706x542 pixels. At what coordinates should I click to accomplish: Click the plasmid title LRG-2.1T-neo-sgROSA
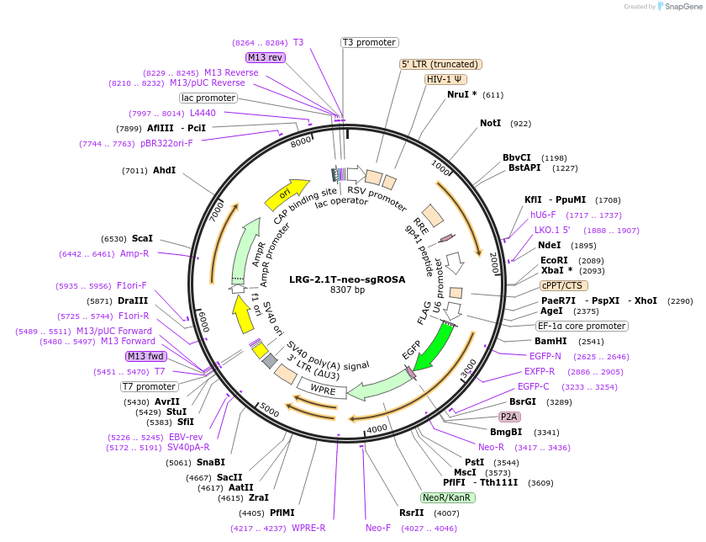[347, 279]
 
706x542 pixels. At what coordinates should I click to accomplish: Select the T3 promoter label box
[369, 42]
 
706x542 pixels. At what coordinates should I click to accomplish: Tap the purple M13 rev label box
[266, 57]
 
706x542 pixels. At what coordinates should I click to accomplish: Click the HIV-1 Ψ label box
[446, 79]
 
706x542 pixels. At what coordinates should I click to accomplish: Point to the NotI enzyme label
[490, 123]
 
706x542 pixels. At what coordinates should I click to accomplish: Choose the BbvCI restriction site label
[517, 157]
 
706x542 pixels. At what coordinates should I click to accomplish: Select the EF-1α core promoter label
[582, 326]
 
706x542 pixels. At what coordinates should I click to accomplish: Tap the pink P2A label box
[509, 417]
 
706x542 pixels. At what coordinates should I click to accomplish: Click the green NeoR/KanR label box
[448, 497]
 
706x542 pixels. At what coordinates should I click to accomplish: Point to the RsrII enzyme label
[412, 513]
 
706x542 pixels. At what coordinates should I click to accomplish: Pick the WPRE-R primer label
[308, 528]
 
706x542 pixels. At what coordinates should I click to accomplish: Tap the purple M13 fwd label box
[146, 356]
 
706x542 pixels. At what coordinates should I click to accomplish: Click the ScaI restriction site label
[142, 238]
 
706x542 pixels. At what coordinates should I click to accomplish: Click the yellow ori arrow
[287, 194]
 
